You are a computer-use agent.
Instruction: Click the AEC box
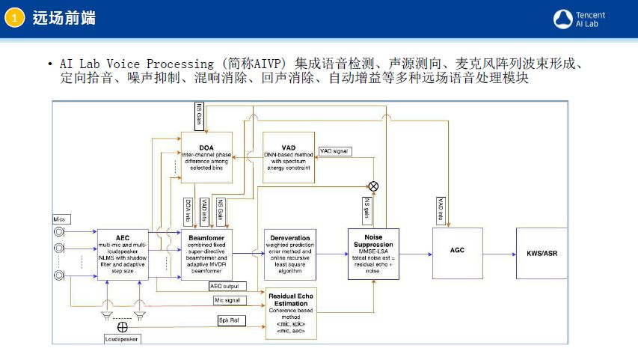coord(123,254)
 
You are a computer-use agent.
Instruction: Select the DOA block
coord(206,158)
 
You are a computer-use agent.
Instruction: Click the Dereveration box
coord(290,254)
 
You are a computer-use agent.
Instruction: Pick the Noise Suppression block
coord(374,254)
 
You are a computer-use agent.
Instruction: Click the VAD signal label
coord(335,151)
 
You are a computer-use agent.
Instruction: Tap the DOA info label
coord(188,207)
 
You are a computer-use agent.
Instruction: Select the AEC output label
coord(224,285)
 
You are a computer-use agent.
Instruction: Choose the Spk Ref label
coord(228,320)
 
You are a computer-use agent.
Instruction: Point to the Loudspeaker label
coord(122,339)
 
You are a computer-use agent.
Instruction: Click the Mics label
coord(60,219)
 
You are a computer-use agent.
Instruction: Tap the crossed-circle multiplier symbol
coord(373,186)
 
